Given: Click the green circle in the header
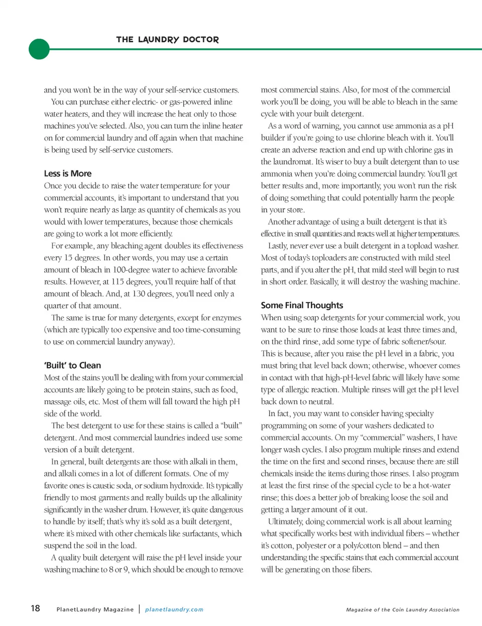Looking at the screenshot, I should click(39, 49).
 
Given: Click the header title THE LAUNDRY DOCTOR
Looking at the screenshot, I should click(167, 39).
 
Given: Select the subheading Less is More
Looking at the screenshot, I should click(68, 173).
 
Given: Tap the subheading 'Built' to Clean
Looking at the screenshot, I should click(72, 365).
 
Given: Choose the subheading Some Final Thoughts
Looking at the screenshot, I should click(302, 305).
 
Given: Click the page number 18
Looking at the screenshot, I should click(35, 608).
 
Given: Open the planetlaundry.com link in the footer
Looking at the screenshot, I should click(174, 609).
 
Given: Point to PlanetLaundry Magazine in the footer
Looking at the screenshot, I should click(95, 609).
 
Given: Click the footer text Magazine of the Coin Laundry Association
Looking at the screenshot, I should click(403, 609).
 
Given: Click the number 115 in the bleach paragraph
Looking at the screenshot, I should click(118, 282).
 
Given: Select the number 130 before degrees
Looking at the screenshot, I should click(139, 294).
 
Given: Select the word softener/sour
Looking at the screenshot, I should click(423, 341).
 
